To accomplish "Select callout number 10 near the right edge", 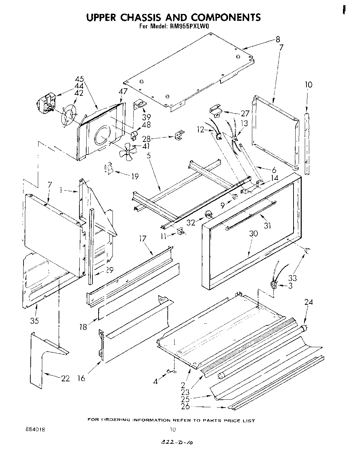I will [x=308, y=84].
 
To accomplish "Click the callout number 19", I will [x=135, y=176].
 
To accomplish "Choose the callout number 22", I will [x=65, y=378].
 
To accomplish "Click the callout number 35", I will [x=34, y=321].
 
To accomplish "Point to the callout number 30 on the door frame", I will [x=253, y=234].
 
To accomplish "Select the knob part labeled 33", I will [x=307, y=251].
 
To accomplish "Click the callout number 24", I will [x=309, y=302].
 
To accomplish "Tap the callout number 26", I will [x=185, y=406].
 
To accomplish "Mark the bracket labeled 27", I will [x=215, y=109].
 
